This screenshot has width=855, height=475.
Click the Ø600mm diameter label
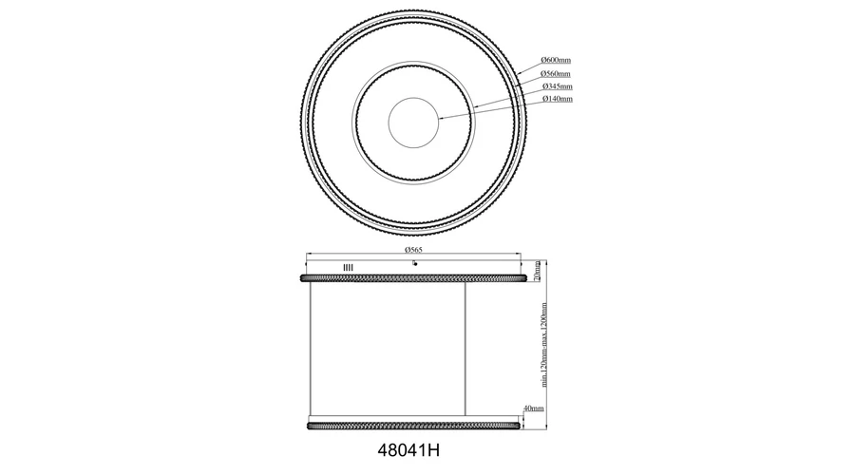[x=556, y=60]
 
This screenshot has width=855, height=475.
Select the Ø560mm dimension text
[x=556, y=73]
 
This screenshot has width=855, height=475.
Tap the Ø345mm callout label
[x=558, y=86]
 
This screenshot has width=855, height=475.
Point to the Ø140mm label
[x=558, y=99]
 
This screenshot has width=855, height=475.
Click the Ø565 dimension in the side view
[x=413, y=250]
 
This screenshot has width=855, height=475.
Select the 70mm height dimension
[x=537, y=271]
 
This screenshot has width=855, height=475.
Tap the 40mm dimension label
[x=533, y=408]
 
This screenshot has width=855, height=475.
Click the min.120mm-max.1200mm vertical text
[x=543, y=345]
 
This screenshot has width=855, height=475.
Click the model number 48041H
[x=408, y=450]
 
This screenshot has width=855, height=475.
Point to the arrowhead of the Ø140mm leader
[x=441, y=118]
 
